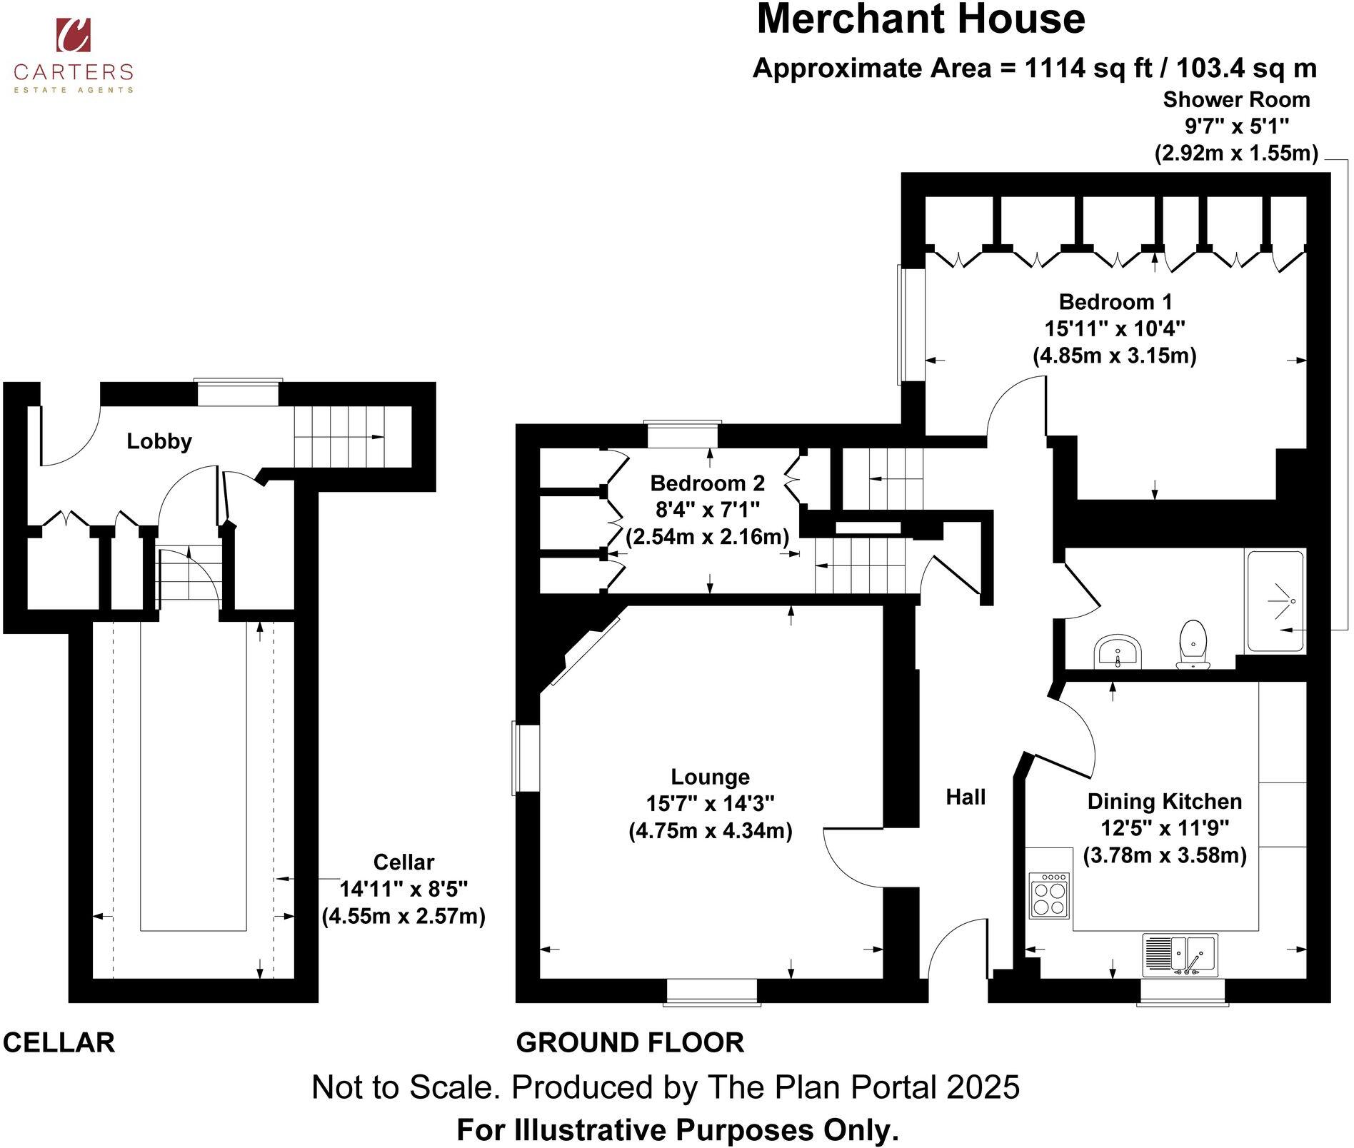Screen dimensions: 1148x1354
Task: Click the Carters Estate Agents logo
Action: (x=74, y=55)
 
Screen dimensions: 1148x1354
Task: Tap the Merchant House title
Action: (x=920, y=19)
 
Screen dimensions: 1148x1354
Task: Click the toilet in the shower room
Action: (x=1193, y=645)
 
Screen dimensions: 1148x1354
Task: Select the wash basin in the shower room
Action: (x=1118, y=650)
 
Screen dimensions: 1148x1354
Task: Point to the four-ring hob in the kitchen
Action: (x=1049, y=895)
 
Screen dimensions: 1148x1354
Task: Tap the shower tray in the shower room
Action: (x=1275, y=600)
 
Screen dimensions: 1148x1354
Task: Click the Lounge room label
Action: (x=710, y=777)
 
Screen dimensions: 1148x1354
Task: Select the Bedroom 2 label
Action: (x=707, y=483)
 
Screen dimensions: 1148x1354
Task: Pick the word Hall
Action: (x=966, y=797)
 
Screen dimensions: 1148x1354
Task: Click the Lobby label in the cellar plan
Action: (x=159, y=441)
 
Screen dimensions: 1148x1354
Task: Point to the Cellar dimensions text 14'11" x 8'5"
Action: (x=403, y=890)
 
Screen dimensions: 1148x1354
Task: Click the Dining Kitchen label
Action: (x=1164, y=801)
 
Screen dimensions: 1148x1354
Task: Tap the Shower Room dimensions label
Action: (x=1236, y=126)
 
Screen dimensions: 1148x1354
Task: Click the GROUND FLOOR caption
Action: (x=630, y=1043)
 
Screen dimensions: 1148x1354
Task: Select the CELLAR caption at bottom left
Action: (x=59, y=1043)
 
